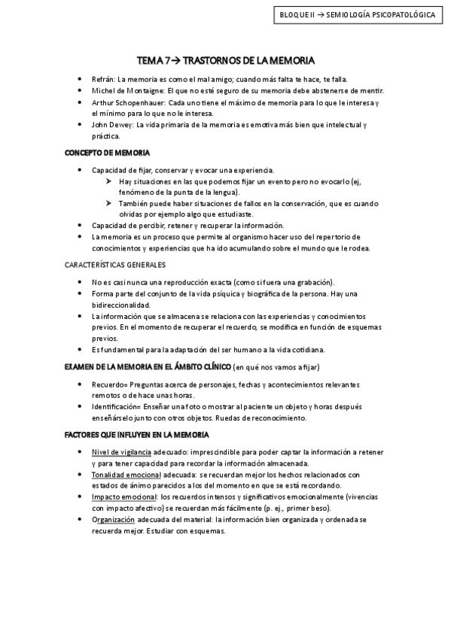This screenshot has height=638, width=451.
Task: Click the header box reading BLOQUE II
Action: tap(357, 14)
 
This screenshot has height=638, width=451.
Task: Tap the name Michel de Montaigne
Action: tap(125, 90)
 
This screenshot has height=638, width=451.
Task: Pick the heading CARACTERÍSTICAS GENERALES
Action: tap(115, 265)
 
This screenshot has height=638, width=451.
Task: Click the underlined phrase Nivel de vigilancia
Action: tap(121, 452)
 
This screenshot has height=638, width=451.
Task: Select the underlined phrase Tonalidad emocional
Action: tap(126, 475)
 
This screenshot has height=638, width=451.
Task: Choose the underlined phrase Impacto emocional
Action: tap(122, 497)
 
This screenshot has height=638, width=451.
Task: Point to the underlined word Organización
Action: tap(113, 520)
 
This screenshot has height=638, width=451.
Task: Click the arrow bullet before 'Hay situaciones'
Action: tap(109, 181)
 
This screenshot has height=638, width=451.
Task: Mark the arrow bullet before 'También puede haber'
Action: tap(109, 203)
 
